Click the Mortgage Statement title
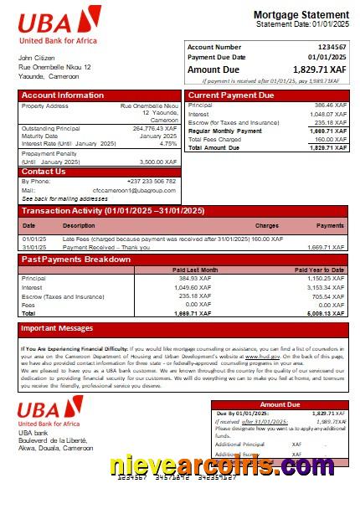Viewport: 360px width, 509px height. [301, 15]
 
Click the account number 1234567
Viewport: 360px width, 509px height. [331, 47]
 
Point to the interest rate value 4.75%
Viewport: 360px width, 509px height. [168, 143]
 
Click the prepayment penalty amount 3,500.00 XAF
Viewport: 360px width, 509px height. [157, 162]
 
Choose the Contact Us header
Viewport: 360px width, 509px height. [43, 172]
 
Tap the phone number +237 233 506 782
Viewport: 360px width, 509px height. [152, 182]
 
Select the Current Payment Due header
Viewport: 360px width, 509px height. [231, 95]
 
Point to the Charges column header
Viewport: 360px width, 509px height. [267, 225]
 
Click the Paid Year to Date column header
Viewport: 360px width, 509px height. [319, 270]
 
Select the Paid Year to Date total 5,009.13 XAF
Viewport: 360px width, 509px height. [326, 312]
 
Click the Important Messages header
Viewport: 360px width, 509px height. [57, 328]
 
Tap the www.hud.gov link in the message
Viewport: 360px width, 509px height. [257, 356]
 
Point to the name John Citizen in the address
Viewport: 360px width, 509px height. [36, 58]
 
